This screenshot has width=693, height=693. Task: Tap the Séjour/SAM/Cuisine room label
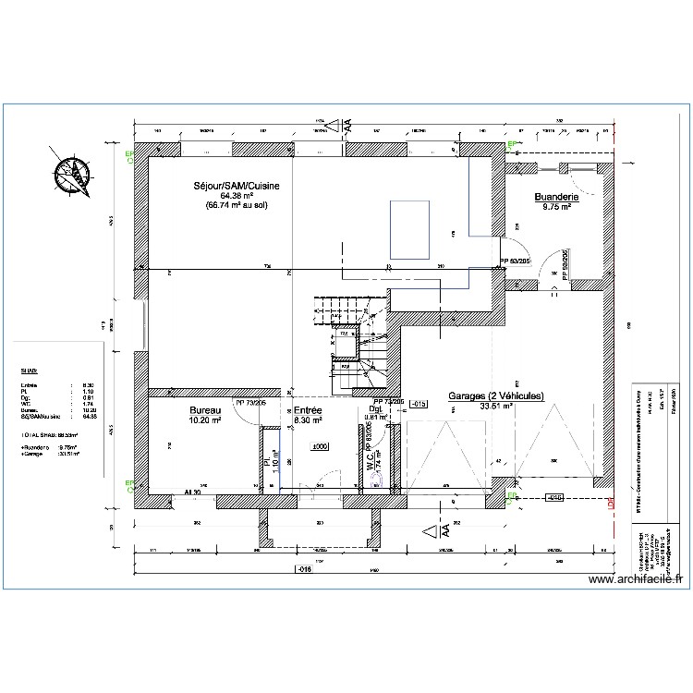point(236,186)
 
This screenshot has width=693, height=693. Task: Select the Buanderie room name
point(556,197)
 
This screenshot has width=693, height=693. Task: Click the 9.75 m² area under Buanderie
point(556,207)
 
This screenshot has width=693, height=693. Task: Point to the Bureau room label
point(204,410)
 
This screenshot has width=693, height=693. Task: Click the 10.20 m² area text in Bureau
point(204,420)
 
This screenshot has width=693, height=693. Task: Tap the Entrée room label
point(308,410)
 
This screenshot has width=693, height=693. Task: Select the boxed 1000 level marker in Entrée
point(321,446)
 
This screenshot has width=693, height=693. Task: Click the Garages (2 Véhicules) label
point(496,395)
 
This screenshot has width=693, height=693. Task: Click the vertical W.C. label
point(369,461)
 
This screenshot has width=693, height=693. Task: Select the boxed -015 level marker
point(418,405)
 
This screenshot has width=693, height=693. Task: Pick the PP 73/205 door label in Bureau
point(250,403)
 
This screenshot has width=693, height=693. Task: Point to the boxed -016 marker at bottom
point(304,568)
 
